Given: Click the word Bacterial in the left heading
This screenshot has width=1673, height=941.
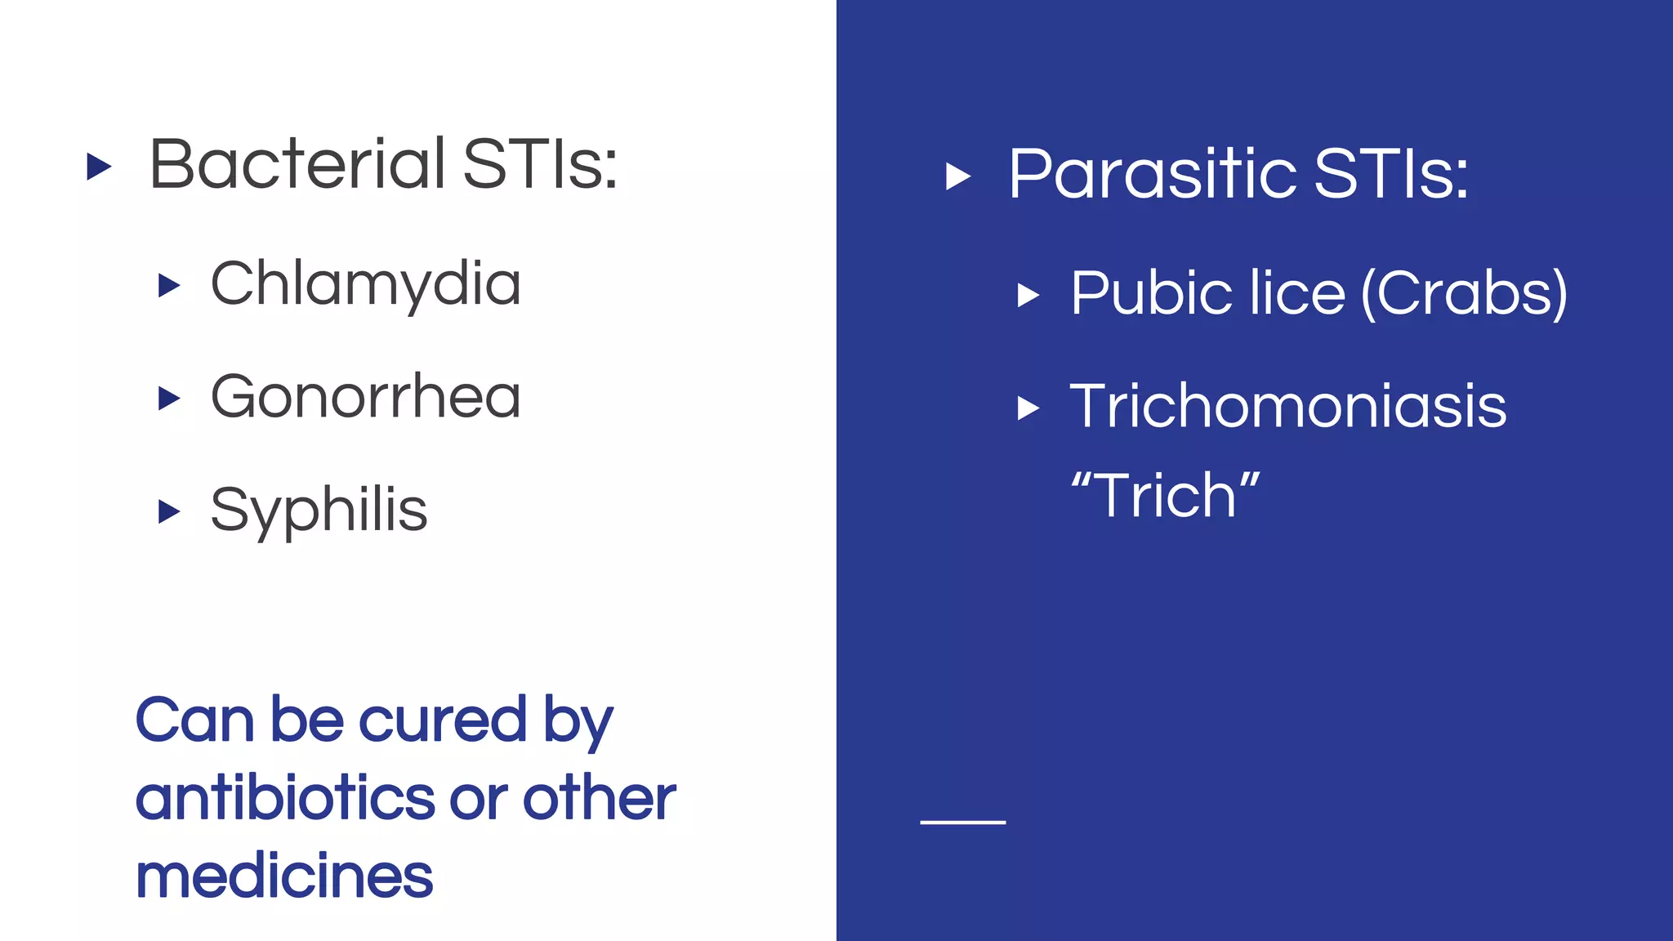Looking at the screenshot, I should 297,164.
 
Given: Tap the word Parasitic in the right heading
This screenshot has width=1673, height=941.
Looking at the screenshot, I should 1152,174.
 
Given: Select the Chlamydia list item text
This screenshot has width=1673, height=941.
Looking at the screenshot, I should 365,284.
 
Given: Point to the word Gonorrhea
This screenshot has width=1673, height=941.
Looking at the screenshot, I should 365,397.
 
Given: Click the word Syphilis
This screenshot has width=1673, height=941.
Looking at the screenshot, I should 319,511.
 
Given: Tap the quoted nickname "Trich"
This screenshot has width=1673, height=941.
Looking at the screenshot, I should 1166,495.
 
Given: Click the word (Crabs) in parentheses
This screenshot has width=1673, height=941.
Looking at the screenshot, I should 1465,293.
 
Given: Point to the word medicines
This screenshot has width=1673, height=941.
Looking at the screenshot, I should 284,876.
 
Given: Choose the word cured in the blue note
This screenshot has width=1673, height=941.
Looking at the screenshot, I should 443,720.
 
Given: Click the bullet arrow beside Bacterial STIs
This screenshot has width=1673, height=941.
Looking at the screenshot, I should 99,167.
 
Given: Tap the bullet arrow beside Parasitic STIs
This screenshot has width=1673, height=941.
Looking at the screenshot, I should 957,176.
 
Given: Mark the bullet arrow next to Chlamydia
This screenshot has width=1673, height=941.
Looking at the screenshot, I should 168,286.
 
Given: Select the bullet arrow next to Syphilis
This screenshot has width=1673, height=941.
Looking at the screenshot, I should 168,511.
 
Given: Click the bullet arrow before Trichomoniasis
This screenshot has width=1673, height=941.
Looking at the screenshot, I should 1028,408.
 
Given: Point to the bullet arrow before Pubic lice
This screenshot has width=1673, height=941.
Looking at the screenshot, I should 1028,295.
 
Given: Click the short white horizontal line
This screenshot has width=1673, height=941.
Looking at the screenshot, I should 962,822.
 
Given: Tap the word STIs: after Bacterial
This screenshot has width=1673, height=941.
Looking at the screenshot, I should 540,164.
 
